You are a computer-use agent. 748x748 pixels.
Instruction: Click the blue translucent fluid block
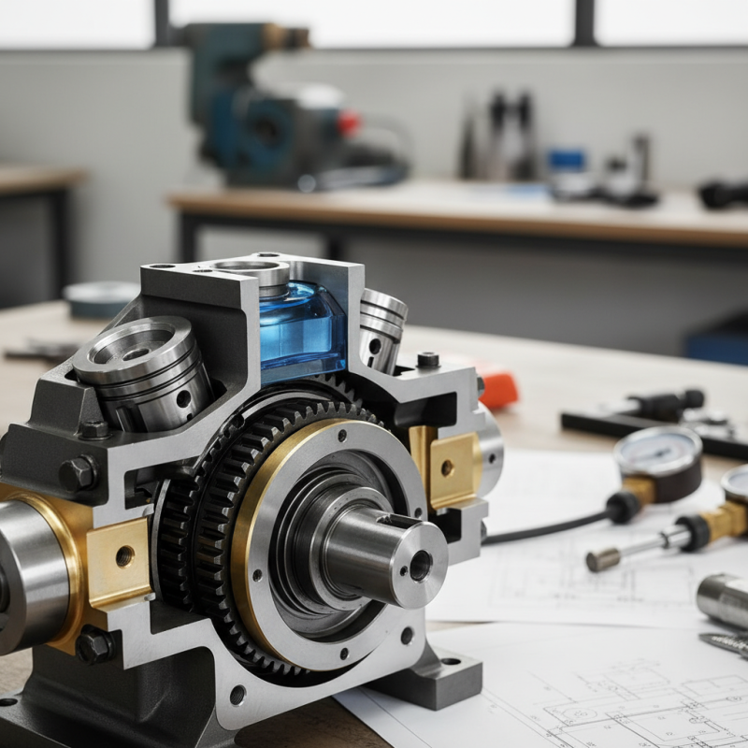(301, 327)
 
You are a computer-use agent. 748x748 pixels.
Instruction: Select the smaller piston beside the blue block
(382, 327)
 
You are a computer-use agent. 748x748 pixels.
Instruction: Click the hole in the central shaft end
(420, 564)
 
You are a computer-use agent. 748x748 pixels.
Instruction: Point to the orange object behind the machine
(497, 388)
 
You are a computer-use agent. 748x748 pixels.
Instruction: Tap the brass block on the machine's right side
(453, 467)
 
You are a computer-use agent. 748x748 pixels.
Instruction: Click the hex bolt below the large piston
(93, 430)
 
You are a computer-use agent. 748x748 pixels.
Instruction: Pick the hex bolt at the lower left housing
(94, 645)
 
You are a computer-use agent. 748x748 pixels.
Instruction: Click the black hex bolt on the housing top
(428, 360)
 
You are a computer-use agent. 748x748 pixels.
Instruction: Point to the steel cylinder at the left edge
(28, 570)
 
